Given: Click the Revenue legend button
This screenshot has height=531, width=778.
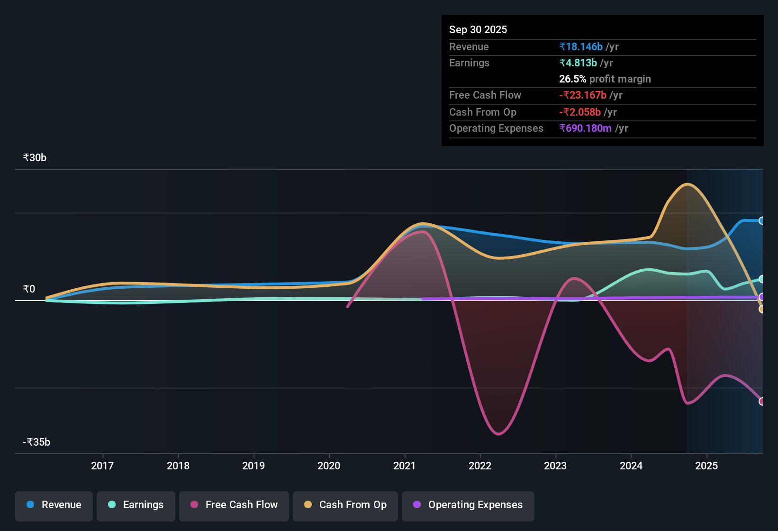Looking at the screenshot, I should click(x=54, y=505).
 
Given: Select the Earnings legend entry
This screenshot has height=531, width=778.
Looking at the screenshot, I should click(x=136, y=505).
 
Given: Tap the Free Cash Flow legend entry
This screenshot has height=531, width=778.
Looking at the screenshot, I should click(x=234, y=505).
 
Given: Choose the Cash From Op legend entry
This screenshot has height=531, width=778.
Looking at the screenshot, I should click(x=345, y=505).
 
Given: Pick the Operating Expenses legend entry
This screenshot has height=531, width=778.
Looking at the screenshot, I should click(x=468, y=505).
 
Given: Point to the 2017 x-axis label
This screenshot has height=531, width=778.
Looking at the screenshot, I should click(x=102, y=466).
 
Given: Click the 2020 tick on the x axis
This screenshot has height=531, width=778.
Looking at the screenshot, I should click(x=329, y=466).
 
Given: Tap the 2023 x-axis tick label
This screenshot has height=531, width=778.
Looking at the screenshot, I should click(x=555, y=466).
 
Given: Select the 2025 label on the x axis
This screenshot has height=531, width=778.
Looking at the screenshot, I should click(x=706, y=466).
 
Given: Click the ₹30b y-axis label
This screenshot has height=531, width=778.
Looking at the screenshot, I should click(x=35, y=158).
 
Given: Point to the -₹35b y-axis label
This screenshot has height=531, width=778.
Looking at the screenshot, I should click(x=36, y=442).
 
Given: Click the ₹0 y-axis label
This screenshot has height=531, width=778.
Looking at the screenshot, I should click(x=29, y=289).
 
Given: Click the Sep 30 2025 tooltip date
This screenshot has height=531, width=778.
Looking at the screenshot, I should click(x=478, y=29).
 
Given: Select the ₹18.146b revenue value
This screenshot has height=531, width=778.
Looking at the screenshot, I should click(x=581, y=46).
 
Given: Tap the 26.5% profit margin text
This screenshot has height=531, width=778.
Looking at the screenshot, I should click(x=605, y=79).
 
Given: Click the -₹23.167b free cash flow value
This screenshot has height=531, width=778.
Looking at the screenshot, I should click(x=583, y=95).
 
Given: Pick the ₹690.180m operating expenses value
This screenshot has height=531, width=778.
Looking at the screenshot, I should click(x=585, y=128).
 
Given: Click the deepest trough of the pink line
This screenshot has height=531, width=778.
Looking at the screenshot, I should click(x=498, y=434).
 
